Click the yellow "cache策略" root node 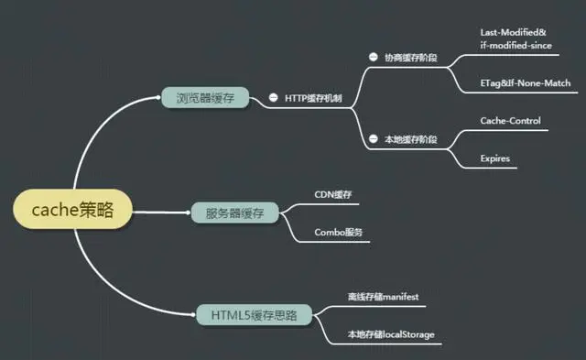73,210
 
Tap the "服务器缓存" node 233,213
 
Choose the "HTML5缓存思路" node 253,315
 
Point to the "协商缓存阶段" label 410,57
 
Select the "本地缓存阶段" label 410,139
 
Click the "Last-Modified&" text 512,31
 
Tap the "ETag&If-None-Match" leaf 525,83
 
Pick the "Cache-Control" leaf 510,121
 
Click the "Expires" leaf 494,158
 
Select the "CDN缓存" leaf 333,195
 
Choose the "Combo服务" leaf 339,233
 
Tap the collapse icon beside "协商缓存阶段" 373,57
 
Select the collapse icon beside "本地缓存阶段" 373,139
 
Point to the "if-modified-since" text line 515,45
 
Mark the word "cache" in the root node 51,210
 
